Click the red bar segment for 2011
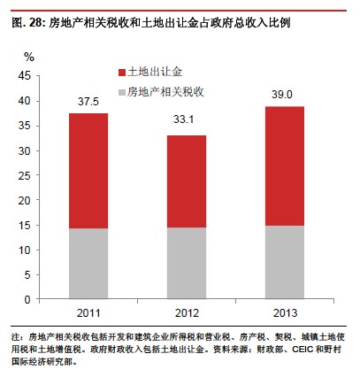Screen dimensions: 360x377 coord(88,171)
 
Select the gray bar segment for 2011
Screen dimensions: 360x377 coord(88,264)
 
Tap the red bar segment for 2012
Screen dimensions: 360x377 coord(187,181)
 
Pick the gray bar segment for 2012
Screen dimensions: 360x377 coord(187,263)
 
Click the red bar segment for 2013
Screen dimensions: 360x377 coord(285,166)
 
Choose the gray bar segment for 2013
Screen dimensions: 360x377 coord(285,263)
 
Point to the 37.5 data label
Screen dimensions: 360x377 coord(88,102)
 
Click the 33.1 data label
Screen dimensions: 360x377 coord(183,119)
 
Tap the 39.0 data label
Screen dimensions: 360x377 coord(282,95)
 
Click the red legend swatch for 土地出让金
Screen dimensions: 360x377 coord(122,73)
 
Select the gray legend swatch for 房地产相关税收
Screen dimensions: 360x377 coord(122,92)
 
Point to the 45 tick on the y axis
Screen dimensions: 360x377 coord(25,76)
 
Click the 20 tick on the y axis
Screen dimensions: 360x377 coord(25,201)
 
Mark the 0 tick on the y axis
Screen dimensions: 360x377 coord(27,300)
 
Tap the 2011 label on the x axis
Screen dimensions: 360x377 coord(88,313)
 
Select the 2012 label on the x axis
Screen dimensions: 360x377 coord(187,313)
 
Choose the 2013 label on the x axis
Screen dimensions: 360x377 coord(285,313)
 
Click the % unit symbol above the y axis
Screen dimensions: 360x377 coord(29,57)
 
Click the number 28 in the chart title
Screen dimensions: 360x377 coord(36,23)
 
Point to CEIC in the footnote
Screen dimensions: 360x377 coord(303,350)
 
